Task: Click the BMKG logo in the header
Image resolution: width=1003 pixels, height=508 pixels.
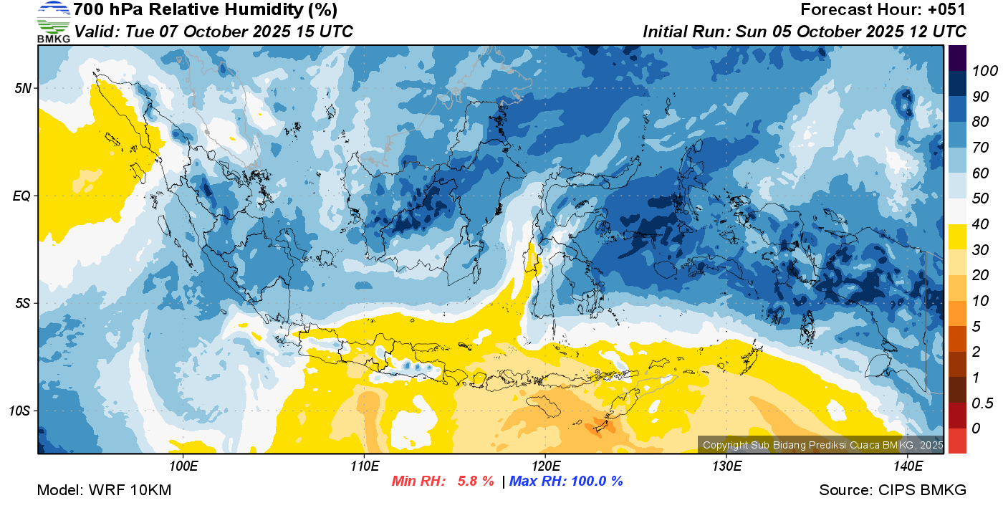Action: click(x=54, y=22)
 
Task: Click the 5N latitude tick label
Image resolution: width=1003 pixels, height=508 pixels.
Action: click(x=23, y=88)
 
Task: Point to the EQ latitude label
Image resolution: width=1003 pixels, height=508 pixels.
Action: click(x=22, y=196)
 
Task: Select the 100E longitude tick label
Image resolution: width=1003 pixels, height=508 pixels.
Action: click(x=183, y=466)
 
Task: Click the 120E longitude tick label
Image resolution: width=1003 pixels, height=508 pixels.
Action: click(x=545, y=466)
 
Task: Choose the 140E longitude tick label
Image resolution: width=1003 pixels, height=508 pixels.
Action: click(x=908, y=466)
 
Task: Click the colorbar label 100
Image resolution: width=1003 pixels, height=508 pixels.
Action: click(x=984, y=71)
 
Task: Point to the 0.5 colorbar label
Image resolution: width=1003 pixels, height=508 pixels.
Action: click(x=982, y=403)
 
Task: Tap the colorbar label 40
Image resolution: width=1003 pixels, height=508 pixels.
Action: click(x=980, y=224)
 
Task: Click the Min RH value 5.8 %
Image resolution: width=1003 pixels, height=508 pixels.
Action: click(x=476, y=481)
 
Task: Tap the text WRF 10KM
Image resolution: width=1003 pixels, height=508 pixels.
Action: click(x=130, y=490)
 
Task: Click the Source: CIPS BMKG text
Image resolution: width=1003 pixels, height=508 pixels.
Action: click(x=893, y=490)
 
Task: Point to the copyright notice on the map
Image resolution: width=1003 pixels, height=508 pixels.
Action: click(x=822, y=445)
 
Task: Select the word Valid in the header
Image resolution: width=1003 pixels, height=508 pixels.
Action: click(x=97, y=32)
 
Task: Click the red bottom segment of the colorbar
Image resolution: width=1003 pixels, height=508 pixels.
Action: click(x=957, y=441)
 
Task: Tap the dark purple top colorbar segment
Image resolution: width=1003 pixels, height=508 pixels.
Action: click(x=957, y=58)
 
